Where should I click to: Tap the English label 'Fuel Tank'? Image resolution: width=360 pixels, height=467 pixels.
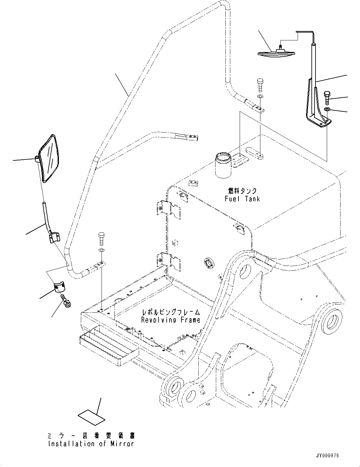point(242,199)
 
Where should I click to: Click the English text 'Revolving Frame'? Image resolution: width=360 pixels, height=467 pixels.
point(170,320)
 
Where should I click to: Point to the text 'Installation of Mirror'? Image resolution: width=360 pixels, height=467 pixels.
point(91,444)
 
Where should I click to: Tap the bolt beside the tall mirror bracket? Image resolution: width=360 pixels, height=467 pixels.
point(326,97)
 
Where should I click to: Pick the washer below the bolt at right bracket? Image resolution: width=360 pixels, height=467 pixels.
point(327,109)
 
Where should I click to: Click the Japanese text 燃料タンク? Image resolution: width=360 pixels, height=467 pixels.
point(242,191)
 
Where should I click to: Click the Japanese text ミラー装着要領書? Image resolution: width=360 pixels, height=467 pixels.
point(91,436)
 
